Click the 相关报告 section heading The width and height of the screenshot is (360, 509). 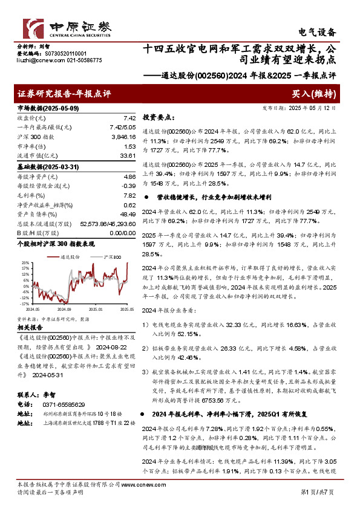click(x=28, y=326)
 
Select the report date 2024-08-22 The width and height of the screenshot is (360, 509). click(x=111, y=348)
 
